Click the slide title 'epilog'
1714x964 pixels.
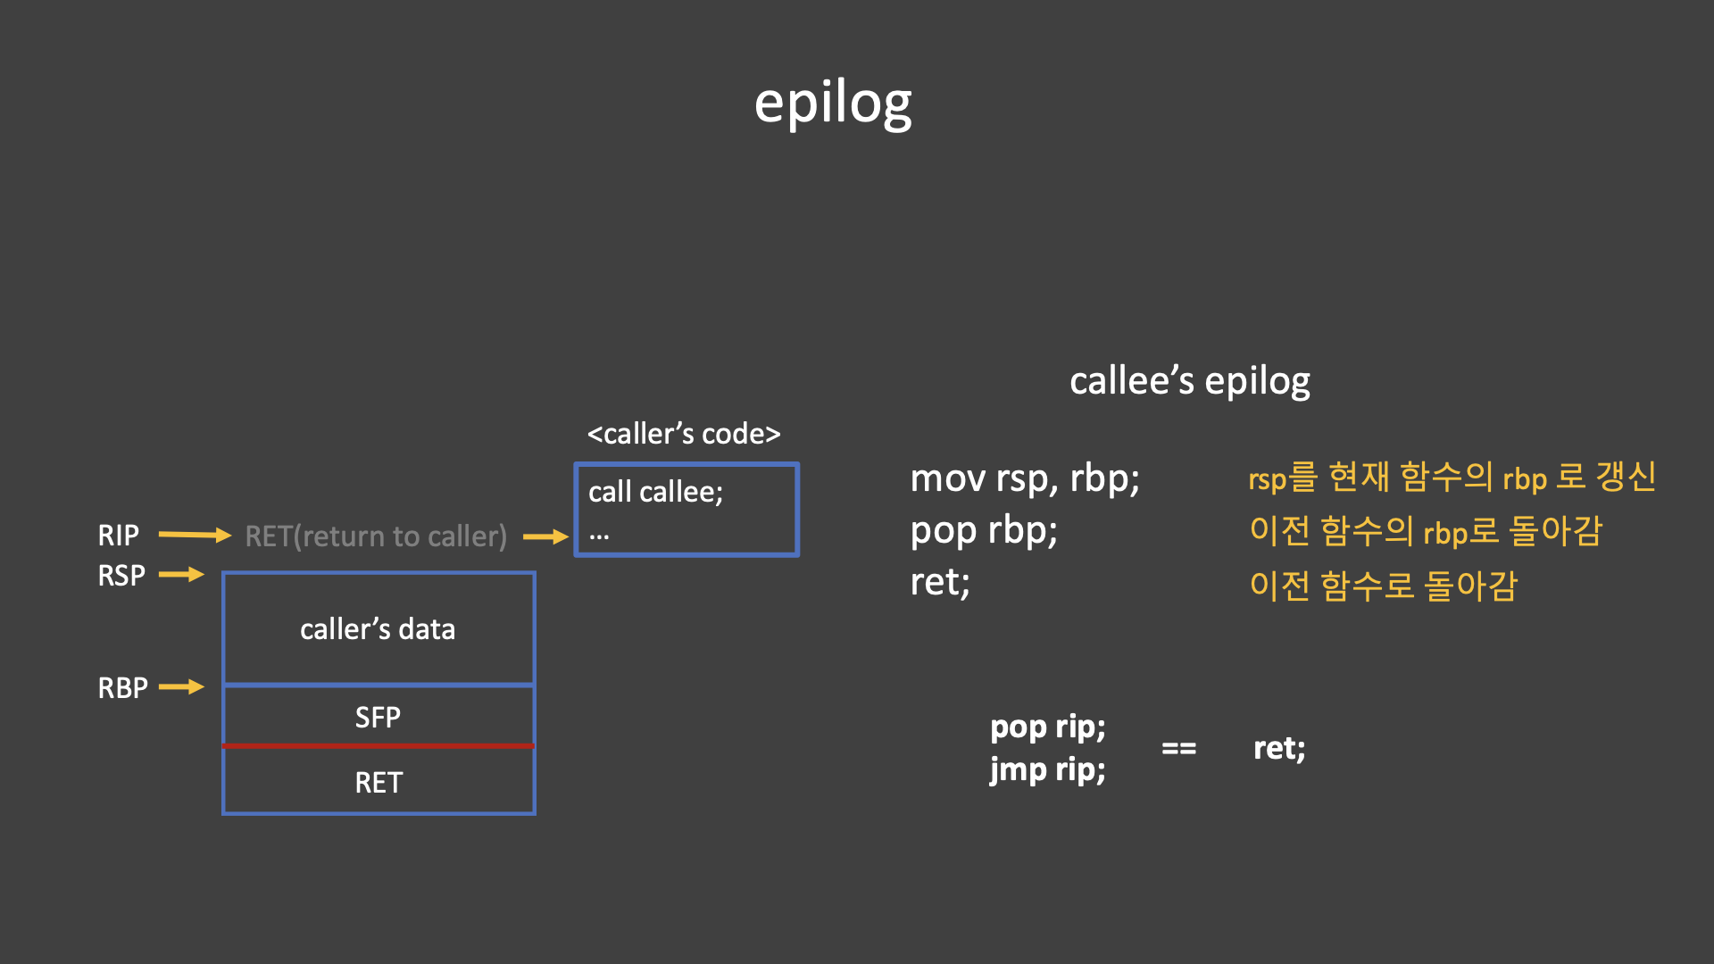coord(833,104)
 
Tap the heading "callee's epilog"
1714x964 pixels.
coord(1189,381)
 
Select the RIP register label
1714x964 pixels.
coord(118,536)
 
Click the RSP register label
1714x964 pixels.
coord(121,576)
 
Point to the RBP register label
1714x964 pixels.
coord(122,688)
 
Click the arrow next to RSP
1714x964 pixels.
coord(181,575)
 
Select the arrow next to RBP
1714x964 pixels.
coord(181,687)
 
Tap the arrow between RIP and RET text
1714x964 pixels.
coord(194,536)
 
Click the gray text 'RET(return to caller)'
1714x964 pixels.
coord(376,536)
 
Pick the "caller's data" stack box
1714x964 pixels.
coord(378,629)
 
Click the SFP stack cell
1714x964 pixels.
coord(378,717)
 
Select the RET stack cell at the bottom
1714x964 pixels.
coord(379,782)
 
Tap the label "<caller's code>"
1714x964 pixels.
coord(684,434)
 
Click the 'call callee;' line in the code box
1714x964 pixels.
coord(655,492)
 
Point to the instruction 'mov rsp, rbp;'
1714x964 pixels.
coord(1025,479)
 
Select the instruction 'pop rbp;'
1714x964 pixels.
coord(984,531)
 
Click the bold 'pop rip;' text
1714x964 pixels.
coord(1047,727)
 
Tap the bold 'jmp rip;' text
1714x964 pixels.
coord(1047,769)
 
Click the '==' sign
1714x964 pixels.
coord(1178,749)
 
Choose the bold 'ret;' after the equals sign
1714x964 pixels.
coord(1278,748)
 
